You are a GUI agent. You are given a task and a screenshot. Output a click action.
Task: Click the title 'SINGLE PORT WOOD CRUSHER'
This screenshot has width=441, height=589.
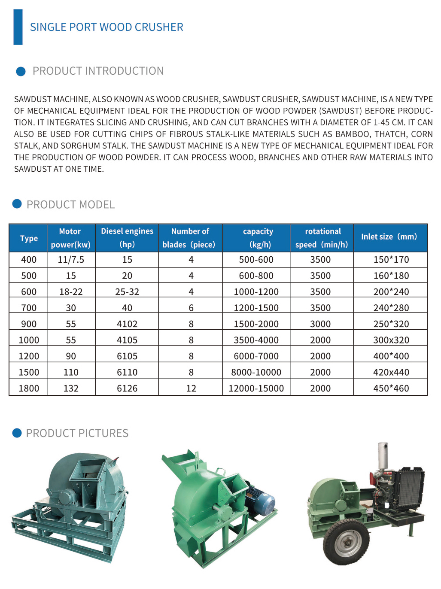[106, 27]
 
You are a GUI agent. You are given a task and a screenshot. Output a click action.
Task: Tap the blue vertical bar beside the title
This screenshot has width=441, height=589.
[18, 27]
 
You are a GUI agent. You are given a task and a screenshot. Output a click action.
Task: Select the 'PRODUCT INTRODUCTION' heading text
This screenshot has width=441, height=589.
[98, 71]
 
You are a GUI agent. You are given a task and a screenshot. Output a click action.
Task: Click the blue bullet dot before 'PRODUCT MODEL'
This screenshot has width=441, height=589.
[17, 204]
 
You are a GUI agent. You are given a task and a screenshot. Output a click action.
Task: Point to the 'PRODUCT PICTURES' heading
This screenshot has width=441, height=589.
[77, 433]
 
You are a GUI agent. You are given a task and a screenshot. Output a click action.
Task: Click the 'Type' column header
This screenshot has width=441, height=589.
[29, 238]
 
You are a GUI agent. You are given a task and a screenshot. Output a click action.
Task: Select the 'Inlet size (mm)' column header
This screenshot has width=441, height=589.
[389, 237]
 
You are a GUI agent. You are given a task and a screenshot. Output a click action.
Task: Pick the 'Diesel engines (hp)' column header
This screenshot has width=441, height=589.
[127, 237]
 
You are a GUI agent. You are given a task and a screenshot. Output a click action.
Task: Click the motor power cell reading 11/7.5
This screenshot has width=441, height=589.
[71, 260]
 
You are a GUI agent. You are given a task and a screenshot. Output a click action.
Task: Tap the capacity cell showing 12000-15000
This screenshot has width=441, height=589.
[256, 389]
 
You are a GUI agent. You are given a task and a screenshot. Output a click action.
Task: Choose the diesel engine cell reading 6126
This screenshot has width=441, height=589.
[127, 389]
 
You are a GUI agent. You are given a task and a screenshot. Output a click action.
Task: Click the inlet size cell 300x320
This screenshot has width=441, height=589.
[391, 340]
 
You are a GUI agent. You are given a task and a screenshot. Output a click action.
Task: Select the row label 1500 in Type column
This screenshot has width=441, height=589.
[29, 372]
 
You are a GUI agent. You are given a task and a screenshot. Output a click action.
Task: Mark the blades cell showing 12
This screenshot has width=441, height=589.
[191, 389]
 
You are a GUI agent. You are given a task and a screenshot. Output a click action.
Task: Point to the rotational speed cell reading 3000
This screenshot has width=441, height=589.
[320, 324]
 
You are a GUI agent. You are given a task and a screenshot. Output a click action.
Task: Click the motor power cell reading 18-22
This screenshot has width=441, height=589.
[71, 292]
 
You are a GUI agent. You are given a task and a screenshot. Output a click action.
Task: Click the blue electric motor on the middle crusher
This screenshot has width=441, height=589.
[261, 502]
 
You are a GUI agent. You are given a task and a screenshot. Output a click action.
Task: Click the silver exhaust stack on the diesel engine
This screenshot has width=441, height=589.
[382, 455]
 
